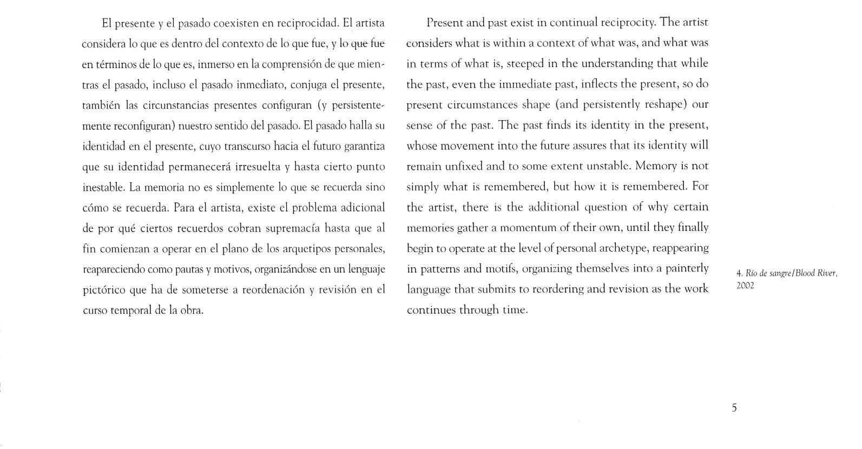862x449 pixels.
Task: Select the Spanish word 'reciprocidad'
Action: [x=307, y=23]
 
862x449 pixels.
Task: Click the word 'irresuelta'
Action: [x=256, y=167]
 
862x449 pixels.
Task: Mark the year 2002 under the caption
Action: [x=745, y=286]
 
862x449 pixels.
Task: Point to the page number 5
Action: [x=734, y=408]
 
